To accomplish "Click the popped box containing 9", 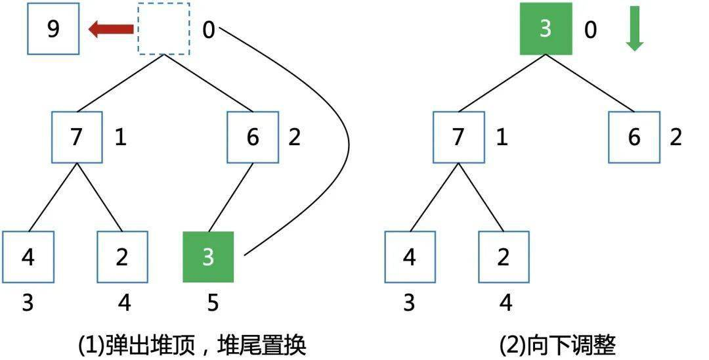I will click(x=53, y=30).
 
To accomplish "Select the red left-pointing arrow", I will click(x=111, y=29).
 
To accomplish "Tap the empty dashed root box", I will click(x=163, y=29).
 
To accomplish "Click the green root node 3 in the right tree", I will click(x=546, y=29).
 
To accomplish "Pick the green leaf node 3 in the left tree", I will click(x=208, y=257).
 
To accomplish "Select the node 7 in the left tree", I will click(x=77, y=137).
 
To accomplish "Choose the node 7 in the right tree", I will click(x=459, y=137).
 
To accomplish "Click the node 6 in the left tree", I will click(x=253, y=137).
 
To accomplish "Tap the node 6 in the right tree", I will click(x=634, y=137).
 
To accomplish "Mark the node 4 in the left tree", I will click(x=28, y=257).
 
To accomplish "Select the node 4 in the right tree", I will click(x=410, y=257).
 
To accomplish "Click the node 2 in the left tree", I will click(x=122, y=257).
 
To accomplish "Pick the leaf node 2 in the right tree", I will click(x=504, y=257).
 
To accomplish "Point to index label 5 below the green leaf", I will click(x=213, y=303).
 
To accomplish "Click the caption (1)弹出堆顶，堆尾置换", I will click(x=192, y=344).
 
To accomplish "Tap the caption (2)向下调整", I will click(x=558, y=344).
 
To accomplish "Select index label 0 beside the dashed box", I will click(x=208, y=30).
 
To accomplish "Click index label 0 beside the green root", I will click(x=590, y=30).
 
